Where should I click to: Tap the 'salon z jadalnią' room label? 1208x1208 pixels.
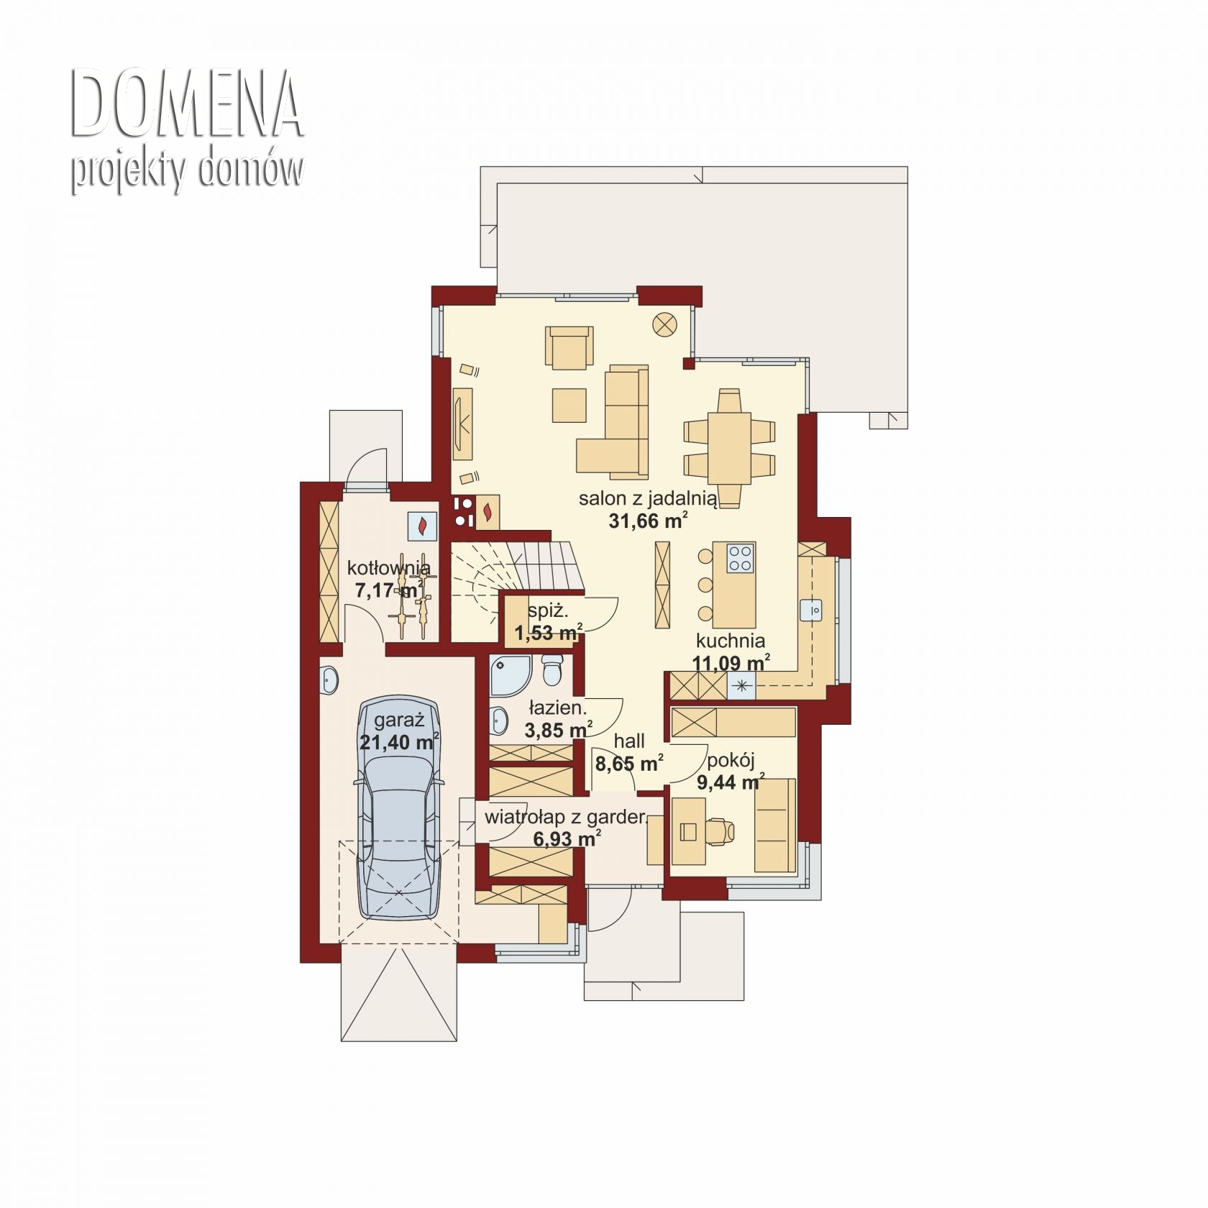[648, 498]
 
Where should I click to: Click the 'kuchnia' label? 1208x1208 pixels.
[730, 640]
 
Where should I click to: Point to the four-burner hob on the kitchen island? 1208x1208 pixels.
[741, 557]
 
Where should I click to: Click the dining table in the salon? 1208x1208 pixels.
[729, 448]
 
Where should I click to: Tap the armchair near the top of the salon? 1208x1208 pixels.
[569, 348]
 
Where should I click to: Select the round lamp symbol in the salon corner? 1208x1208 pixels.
[664, 324]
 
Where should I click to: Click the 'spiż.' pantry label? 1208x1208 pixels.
[548, 611]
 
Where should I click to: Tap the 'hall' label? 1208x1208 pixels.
[628, 741]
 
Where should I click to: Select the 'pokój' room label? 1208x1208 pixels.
[731, 760]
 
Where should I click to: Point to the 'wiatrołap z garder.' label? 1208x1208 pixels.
[567, 817]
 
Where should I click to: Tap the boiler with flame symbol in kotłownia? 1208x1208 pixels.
[422, 526]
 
